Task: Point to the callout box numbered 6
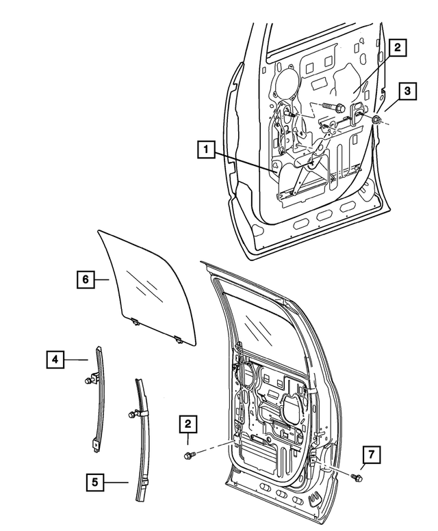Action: [x=85, y=280]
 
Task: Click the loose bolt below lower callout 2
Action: [x=192, y=454]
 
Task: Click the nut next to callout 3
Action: [x=376, y=120]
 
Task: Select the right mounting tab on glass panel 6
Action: [x=179, y=337]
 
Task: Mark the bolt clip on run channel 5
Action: [x=133, y=414]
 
